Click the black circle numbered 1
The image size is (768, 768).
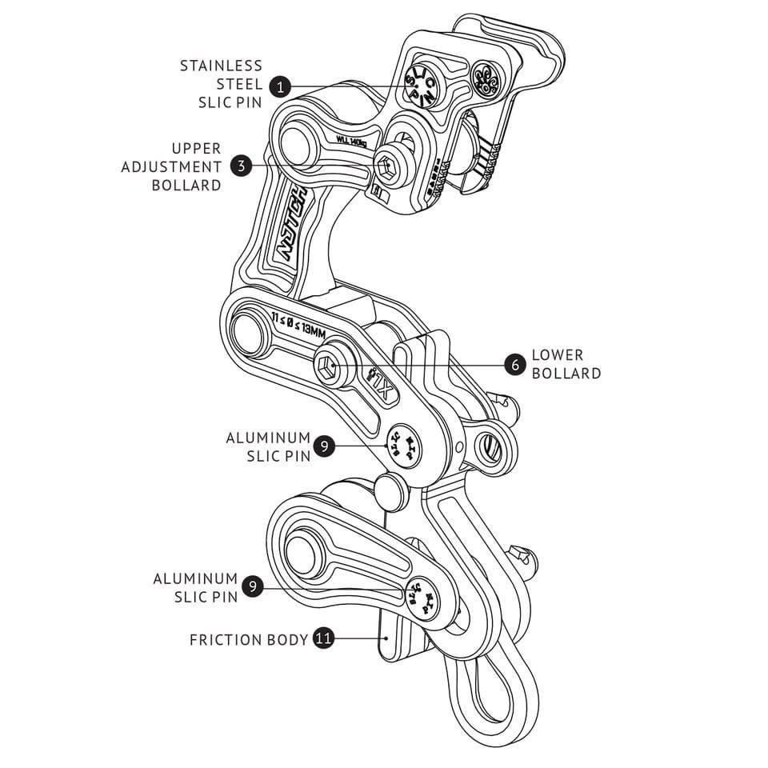click(280, 86)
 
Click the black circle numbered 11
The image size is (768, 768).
click(323, 639)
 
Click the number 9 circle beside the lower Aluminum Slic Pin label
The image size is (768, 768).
click(253, 587)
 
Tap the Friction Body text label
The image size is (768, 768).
click(249, 640)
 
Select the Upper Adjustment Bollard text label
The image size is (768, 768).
click(172, 166)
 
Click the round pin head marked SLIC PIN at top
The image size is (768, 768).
click(419, 83)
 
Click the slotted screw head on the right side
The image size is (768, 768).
click(490, 448)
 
